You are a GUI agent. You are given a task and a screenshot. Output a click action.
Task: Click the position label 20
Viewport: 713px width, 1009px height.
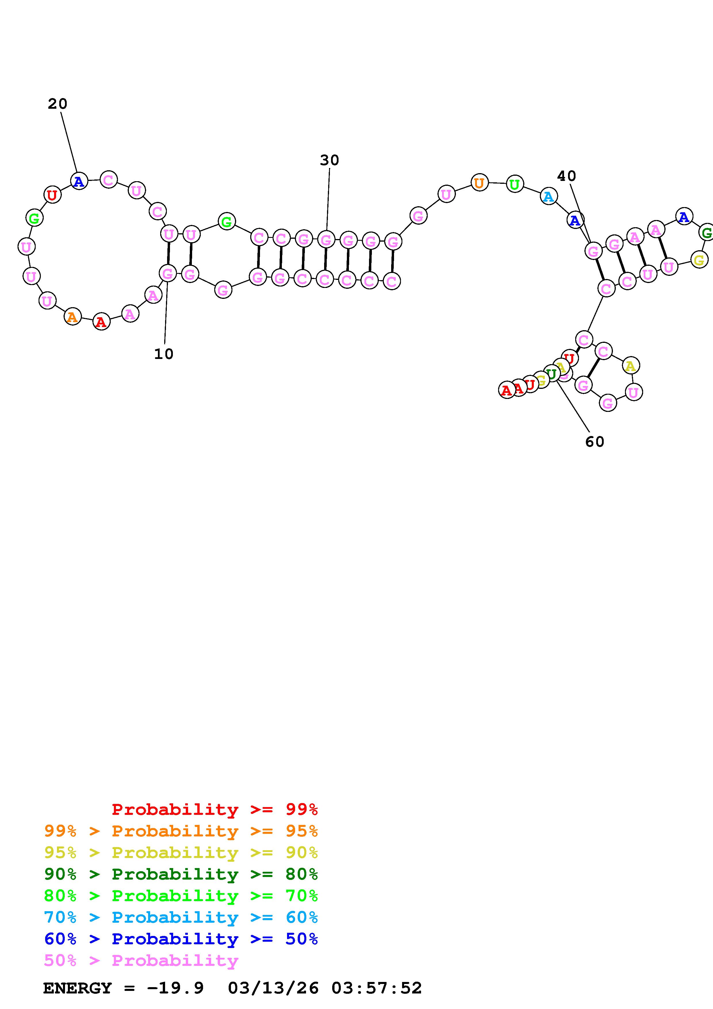pos(58,104)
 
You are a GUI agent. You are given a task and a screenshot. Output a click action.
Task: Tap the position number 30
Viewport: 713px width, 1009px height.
pos(330,160)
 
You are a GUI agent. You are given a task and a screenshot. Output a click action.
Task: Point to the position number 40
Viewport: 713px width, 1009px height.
pos(566,176)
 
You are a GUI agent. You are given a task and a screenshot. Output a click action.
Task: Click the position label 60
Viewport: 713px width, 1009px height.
pos(595,442)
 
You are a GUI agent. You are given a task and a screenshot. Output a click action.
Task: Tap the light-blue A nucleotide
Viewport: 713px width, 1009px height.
pos(548,196)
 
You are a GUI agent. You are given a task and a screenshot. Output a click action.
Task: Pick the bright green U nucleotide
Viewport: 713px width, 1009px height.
pos(515,184)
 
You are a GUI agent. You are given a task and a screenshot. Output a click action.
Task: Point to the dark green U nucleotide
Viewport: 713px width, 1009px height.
pos(551,374)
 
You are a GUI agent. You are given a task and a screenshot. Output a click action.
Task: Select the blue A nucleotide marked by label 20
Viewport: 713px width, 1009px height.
pos(79,181)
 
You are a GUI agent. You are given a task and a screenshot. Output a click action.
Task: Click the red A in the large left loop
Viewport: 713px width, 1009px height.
pos(102,322)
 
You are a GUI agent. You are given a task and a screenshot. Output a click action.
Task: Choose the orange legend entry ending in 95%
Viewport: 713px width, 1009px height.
pos(181,831)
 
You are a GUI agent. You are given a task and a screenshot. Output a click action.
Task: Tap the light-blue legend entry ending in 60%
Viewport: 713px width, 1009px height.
pos(181,917)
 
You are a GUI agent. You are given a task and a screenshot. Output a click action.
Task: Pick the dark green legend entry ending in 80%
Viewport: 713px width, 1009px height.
pos(181,874)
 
